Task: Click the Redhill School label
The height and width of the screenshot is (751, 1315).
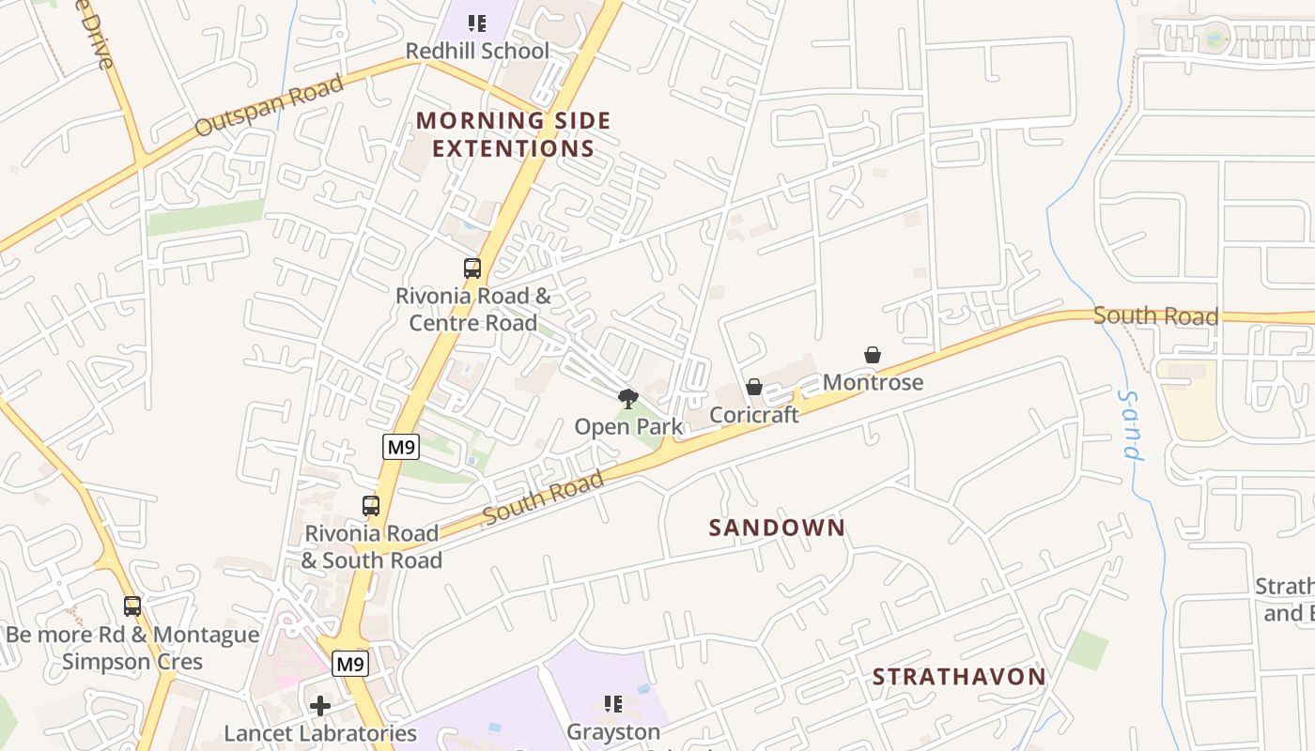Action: click(x=477, y=51)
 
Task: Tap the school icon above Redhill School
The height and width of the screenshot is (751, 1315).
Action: click(x=477, y=23)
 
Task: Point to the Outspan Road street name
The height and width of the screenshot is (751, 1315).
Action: click(x=269, y=106)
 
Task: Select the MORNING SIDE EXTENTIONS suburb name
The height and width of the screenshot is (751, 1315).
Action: click(x=514, y=134)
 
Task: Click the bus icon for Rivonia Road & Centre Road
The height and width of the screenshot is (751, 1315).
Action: click(x=472, y=268)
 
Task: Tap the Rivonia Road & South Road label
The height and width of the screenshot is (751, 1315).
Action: click(x=371, y=546)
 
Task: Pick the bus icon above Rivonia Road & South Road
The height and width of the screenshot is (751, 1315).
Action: click(x=371, y=506)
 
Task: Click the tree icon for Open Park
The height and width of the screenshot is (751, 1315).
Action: click(x=628, y=399)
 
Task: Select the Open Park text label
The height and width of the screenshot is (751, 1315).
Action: click(x=628, y=427)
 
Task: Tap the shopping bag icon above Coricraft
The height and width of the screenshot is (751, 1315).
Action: click(x=753, y=387)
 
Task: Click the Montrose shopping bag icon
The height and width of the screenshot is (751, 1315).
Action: click(x=873, y=355)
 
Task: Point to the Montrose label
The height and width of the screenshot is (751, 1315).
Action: click(x=873, y=382)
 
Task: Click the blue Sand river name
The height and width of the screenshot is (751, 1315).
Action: click(x=1130, y=426)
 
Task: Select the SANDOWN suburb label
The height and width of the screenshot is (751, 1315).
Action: click(x=777, y=528)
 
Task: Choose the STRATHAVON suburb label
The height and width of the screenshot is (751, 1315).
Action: click(x=959, y=677)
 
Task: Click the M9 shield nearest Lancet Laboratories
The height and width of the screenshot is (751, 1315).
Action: click(x=350, y=665)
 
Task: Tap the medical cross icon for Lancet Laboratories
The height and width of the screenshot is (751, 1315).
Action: click(x=320, y=706)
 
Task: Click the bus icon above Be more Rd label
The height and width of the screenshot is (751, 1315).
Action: click(x=132, y=606)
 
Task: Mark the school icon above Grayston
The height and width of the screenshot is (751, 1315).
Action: click(x=613, y=704)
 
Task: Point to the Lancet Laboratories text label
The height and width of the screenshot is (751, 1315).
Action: click(x=320, y=733)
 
